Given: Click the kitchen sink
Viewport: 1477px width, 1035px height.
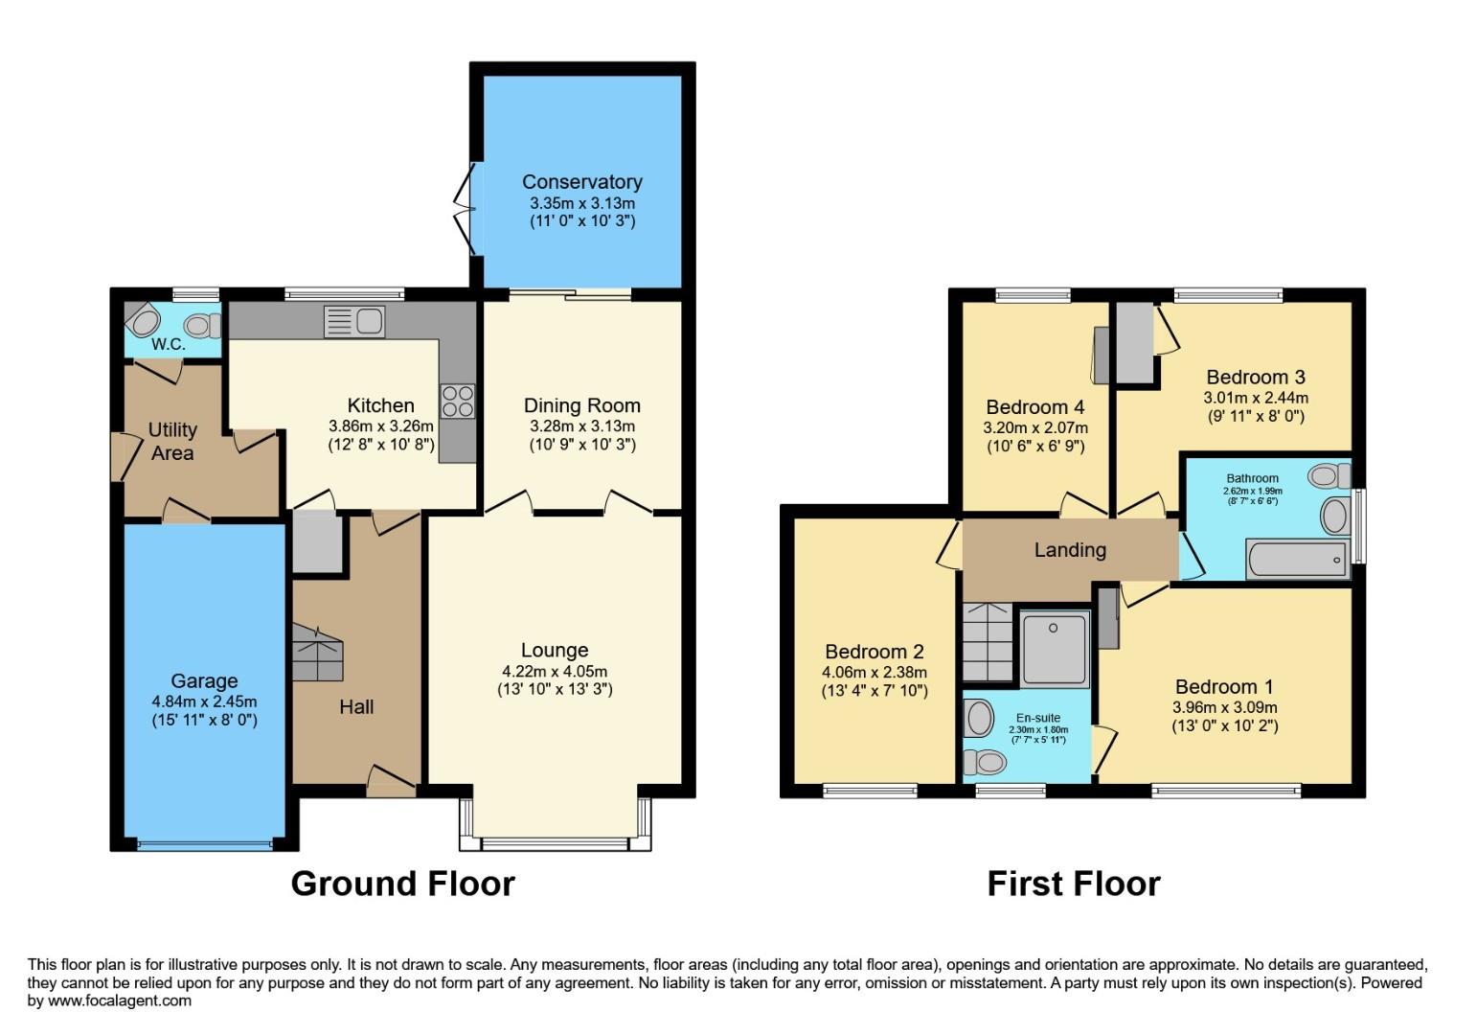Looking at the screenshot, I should [354, 321].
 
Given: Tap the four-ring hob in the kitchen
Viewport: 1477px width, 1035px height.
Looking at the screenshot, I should [457, 401].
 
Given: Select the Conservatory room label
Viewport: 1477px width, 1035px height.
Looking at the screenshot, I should [581, 182].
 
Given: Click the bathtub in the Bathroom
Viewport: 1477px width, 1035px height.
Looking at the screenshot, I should [1296, 559].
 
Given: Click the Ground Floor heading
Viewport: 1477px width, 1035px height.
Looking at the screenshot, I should [402, 884].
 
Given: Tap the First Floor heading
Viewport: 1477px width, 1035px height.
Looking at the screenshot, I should [1073, 884].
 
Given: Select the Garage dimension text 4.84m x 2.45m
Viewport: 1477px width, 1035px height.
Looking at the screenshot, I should [204, 701].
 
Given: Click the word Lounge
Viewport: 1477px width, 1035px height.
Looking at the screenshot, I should [554, 651].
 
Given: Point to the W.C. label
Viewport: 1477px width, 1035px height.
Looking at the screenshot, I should [168, 344].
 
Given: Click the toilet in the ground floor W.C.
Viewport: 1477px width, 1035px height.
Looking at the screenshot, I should [199, 326].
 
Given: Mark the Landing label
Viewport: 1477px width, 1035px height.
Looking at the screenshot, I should [1069, 550].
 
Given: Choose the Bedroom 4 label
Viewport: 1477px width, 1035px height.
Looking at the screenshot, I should [1034, 407].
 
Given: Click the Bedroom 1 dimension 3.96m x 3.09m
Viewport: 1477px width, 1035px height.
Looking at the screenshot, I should [1224, 707].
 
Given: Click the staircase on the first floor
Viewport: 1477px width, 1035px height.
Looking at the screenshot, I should [988, 642].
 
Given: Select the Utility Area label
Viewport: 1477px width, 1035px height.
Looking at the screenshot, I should [172, 441].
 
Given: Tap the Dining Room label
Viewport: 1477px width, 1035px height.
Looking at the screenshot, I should [581, 405].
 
